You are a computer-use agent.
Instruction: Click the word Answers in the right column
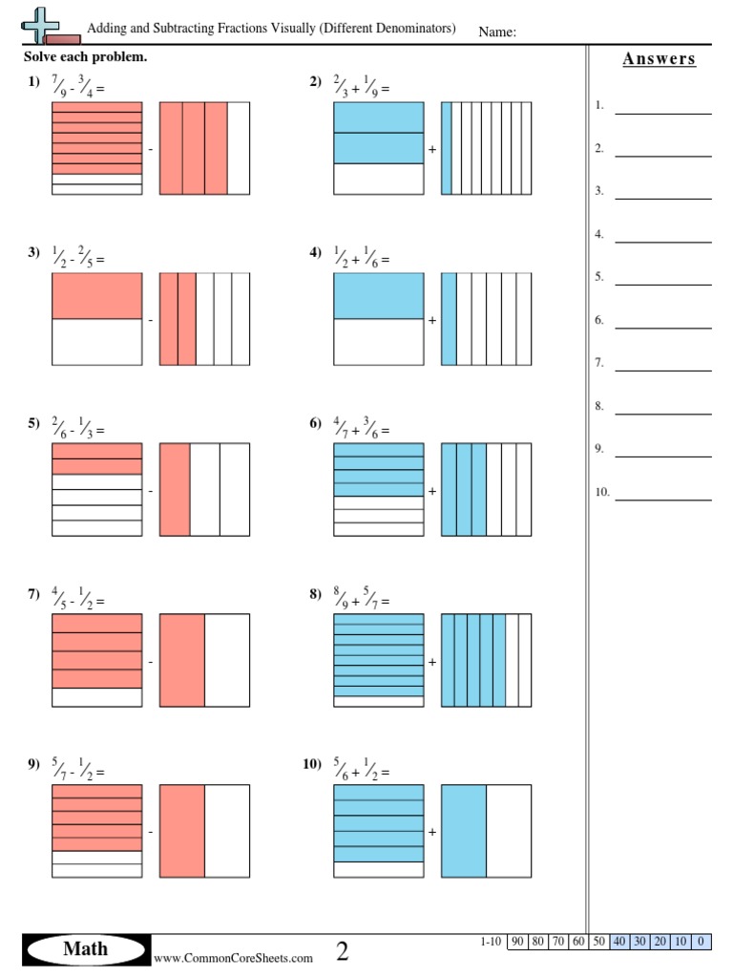659,59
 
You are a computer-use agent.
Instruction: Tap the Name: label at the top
497,32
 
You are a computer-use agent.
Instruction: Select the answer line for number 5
663,284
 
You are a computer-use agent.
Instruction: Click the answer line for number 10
663,499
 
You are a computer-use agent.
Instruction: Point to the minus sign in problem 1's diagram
150,150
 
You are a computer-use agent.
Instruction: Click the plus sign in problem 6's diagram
432,491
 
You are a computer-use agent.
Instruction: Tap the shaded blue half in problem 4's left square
378,296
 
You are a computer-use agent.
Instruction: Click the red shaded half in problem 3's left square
96,296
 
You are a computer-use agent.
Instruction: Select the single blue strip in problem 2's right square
446,148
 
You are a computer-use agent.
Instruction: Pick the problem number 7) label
33,594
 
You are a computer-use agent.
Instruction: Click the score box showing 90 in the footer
517,942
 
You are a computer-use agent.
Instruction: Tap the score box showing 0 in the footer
702,942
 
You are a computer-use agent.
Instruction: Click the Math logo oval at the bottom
86,949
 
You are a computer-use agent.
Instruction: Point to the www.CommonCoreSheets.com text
233,958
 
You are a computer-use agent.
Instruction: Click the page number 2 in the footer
343,950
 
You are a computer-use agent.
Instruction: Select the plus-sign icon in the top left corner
39,25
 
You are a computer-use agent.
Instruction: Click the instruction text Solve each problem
85,57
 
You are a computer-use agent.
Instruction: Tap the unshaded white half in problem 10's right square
509,830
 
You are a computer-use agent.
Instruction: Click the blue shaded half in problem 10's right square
464,830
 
